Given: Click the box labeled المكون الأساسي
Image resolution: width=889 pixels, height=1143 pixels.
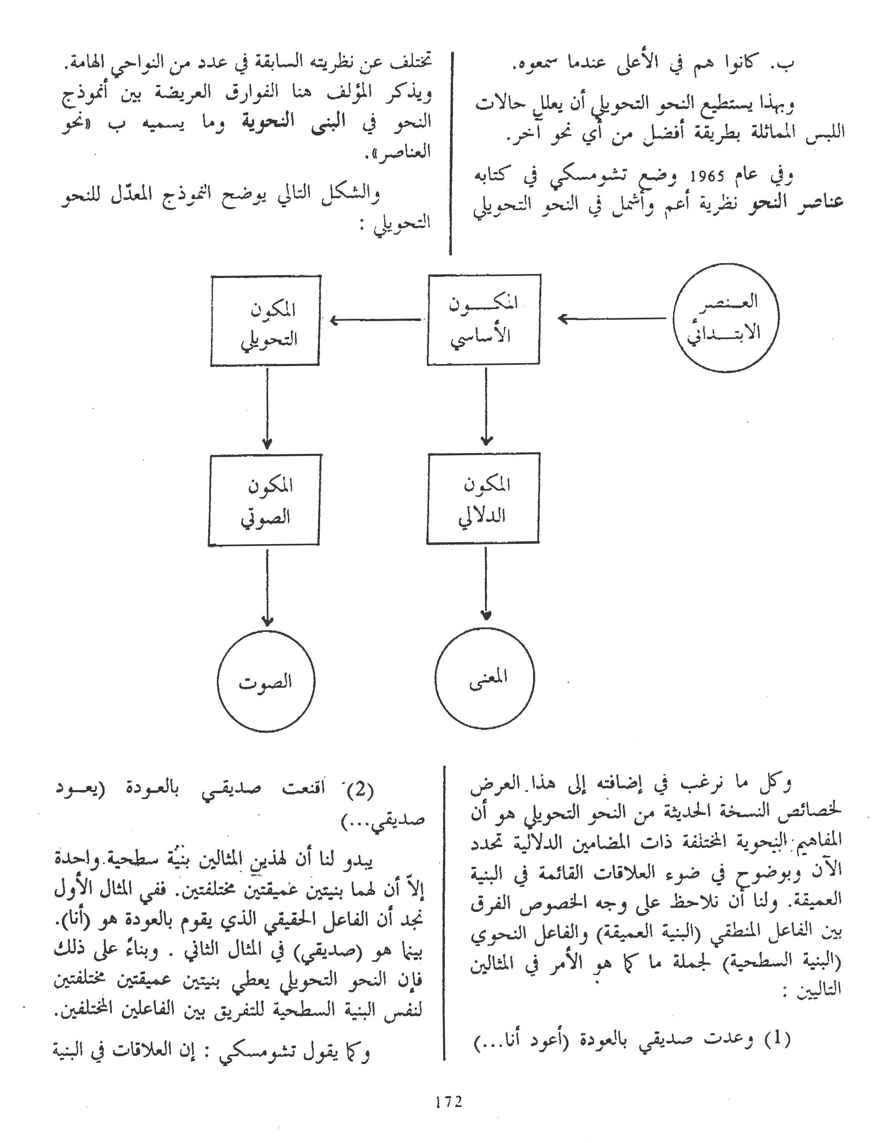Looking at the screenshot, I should tap(483, 319).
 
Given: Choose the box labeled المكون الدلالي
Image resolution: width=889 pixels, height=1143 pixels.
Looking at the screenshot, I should tap(483, 499).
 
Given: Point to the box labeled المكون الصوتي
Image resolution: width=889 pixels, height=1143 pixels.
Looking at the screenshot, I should tap(265, 500).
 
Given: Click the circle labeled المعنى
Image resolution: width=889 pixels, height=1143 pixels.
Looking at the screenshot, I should tap(485, 677).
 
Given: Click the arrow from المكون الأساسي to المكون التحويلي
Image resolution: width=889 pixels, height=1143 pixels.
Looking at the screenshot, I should tap(375, 319).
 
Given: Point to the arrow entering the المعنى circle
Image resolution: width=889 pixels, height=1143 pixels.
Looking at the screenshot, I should tap(486, 581).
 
